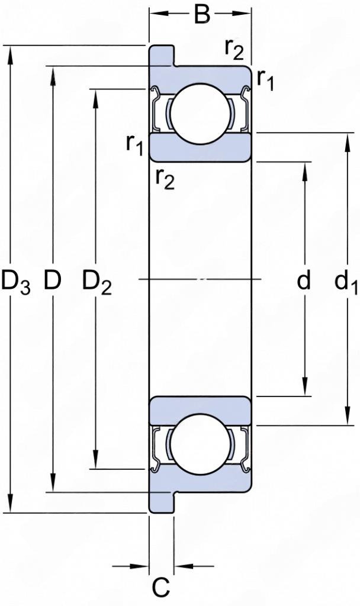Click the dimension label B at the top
(x=202, y=15)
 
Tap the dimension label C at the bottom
(x=161, y=587)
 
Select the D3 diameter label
(x=15, y=282)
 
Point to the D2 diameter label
(x=97, y=282)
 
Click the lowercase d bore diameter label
(x=304, y=281)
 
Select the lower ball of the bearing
(x=200, y=444)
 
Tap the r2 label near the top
(x=233, y=49)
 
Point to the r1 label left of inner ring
(x=134, y=143)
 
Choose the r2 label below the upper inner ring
(x=165, y=177)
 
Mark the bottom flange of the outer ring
(x=161, y=502)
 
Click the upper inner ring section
(x=200, y=148)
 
